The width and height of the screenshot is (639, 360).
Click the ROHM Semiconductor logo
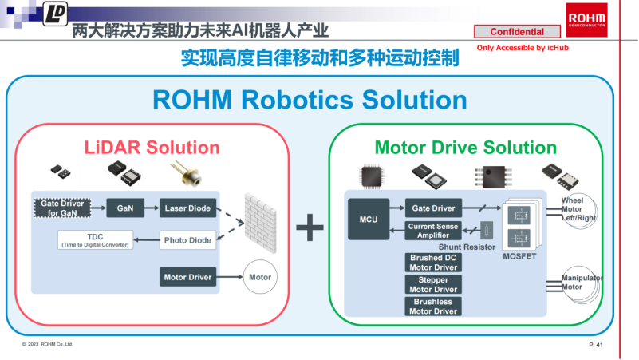click(586, 18)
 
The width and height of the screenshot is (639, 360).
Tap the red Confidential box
click(517, 32)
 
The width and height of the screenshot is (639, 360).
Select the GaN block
click(124, 208)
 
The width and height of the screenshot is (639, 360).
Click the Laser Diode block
click(187, 208)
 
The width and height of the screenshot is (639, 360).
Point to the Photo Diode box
click(187, 239)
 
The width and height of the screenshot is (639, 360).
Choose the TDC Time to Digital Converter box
click(95, 239)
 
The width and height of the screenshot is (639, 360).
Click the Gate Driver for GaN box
click(62, 208)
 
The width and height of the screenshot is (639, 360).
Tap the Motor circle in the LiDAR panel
click(260, 278)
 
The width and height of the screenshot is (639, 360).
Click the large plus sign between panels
click(310, 229)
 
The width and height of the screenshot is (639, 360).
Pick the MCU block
click(369, 220)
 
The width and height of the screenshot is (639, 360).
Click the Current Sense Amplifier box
click(432, 231)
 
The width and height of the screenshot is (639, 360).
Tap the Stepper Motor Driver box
click(433, 284)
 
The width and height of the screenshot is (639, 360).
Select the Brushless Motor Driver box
click(433, 307)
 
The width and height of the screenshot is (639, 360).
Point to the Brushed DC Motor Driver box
click(433, 263)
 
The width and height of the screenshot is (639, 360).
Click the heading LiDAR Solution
click(152, 148)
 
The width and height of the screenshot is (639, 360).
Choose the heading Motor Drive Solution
click(466, 148)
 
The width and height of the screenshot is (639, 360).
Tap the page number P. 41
click(595, 344)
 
